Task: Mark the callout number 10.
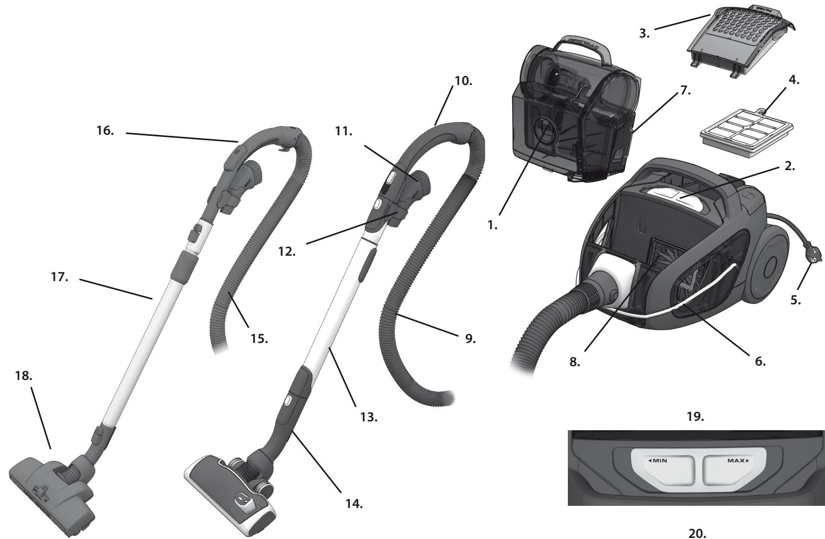click(463, 81)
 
